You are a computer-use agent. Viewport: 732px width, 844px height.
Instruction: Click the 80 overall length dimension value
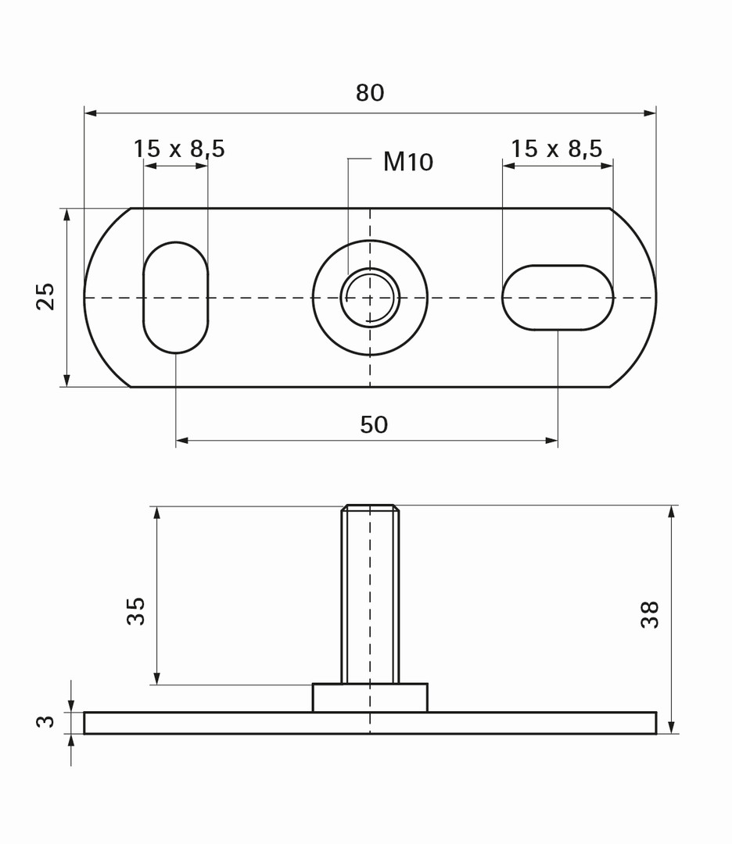click(369, 92)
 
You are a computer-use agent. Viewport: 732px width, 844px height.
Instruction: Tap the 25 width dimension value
click(45, 296)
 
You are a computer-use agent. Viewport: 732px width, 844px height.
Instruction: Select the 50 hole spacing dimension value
click(374, 424)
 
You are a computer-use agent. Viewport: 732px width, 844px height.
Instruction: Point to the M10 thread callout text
click(407, 162)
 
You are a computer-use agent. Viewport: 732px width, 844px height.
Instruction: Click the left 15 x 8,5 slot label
click(179, 148)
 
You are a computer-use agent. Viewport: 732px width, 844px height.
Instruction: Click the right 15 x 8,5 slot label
click(556, 148)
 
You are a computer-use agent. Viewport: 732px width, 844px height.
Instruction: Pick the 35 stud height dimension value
click(136, 611)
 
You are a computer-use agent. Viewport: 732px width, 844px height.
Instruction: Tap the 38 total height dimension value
click(650, 614)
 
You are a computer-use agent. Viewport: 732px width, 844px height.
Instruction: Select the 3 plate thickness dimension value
click(45, 721)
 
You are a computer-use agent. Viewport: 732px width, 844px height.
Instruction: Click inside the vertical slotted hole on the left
click(176, 298)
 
